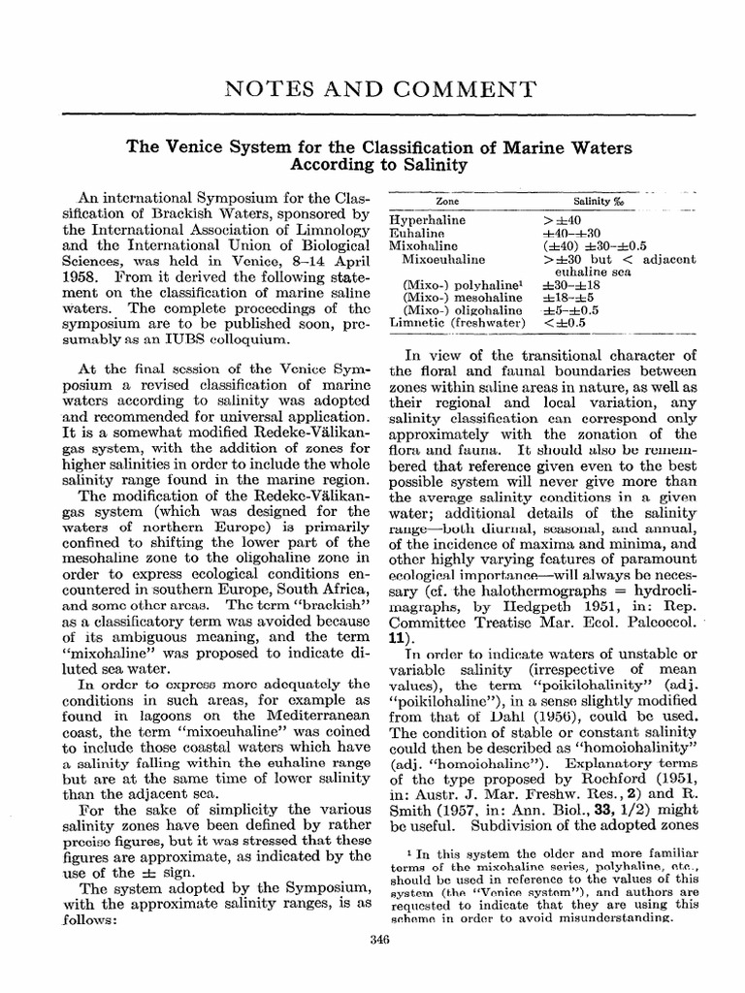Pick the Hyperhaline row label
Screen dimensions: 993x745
click(428, 220)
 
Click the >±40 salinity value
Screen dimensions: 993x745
click(561, 220)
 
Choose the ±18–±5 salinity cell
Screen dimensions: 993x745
click(567, 296)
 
